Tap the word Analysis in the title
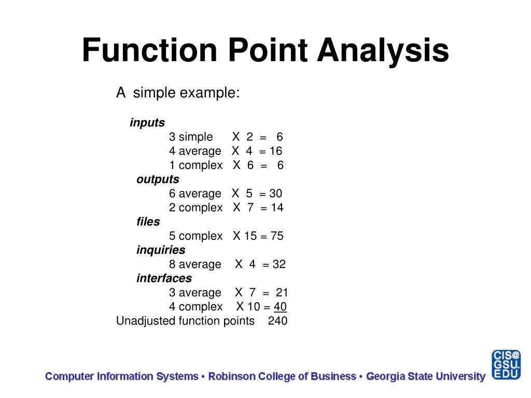383,50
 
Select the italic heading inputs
147,123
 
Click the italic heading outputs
158,179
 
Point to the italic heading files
148,222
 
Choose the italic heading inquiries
161,250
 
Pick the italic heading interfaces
164,278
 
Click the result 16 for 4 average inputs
275,151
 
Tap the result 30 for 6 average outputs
275,194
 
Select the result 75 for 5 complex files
277,236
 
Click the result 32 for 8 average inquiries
279,264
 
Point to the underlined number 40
280,307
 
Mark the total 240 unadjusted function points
277,321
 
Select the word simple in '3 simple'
195,137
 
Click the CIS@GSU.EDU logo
506,365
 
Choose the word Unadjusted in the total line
146,321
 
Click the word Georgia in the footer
385,376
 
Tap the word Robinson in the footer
231,376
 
